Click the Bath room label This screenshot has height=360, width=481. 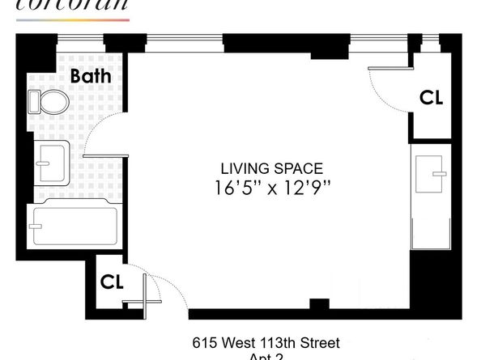(x=96, y=77)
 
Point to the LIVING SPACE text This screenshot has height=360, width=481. (x=271, y=169)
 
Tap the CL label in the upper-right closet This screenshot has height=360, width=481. (x=431, y=97)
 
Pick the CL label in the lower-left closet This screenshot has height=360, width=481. (x=112, y=282)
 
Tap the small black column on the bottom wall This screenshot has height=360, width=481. (x=320, y=304)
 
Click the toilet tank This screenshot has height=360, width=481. (x=35, y=102)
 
